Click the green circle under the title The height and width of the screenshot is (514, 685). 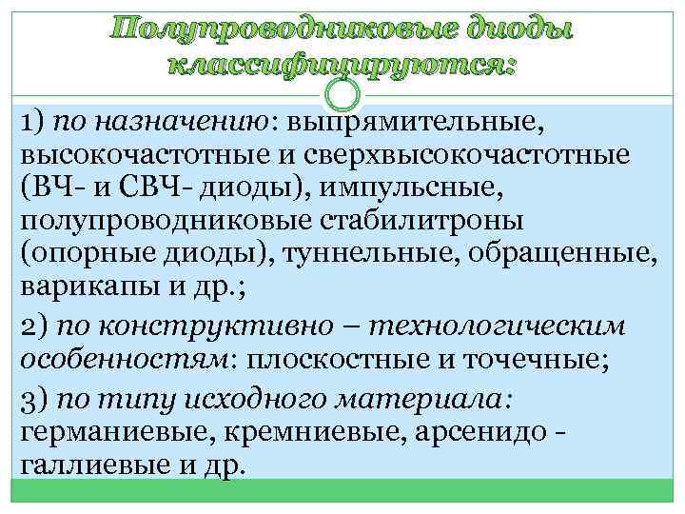[342, 93]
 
